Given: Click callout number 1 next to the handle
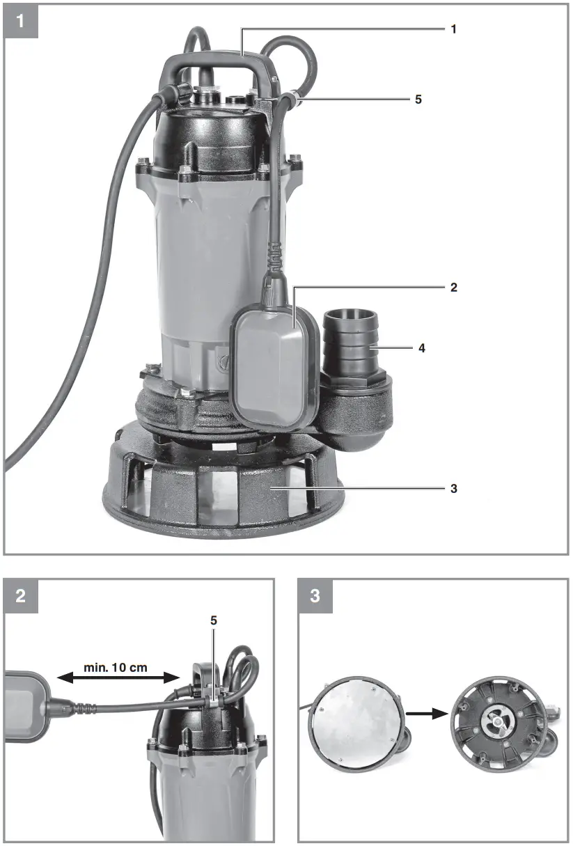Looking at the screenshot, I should [453, 30].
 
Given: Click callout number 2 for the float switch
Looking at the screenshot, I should [453, 287].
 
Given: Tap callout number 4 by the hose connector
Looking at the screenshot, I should [423, 347].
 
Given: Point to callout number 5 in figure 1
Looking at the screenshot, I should [418, 100].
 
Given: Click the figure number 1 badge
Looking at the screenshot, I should [21, 21].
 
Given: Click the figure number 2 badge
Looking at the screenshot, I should [21, 596].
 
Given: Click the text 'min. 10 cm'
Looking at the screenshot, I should [116, 666].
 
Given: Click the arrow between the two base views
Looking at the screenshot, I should [427, 713].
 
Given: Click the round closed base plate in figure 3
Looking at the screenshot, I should [357, 728].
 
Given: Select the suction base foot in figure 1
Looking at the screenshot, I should [223, 494].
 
